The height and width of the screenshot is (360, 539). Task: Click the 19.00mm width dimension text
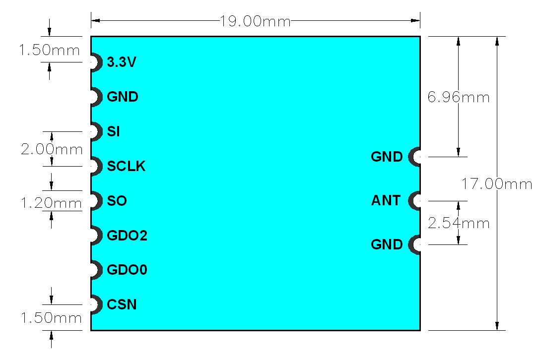255,21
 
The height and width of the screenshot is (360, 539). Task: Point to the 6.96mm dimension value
458,97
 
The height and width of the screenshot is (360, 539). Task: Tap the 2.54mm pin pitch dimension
458,223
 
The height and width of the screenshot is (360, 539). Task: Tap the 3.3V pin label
122,62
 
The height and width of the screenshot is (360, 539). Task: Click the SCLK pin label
126,167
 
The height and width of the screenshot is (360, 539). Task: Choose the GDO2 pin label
127,236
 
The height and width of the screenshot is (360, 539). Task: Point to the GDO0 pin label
127,270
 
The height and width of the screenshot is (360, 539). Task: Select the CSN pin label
122,304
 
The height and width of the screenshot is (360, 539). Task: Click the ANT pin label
386,201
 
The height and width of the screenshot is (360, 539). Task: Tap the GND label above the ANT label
387,157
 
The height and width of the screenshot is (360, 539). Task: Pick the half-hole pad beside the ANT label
415,201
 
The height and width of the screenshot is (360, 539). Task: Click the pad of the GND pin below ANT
415,244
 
